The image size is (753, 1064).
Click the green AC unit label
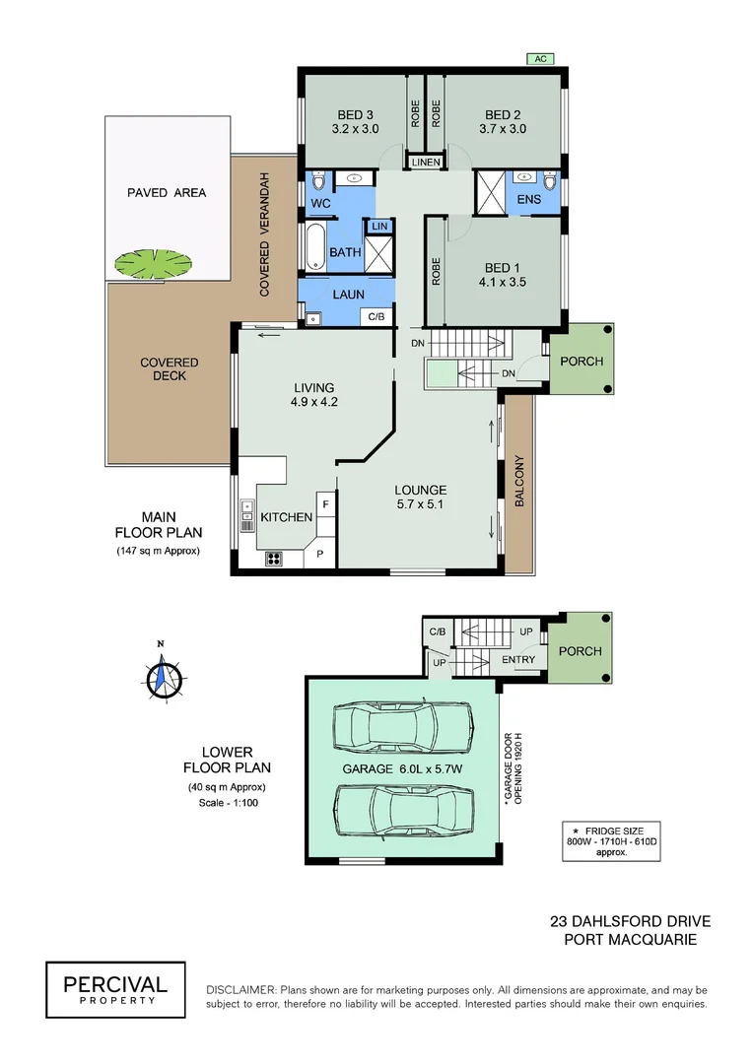click(x=540, y=59)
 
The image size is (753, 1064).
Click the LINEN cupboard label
click(x=427, y=162)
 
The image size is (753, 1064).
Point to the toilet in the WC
click(x=317, y=183)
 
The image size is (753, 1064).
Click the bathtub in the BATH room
click(x=312, y=249)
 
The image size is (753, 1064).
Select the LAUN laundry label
click(x=348, y=294)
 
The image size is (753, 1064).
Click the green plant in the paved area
click(x=153, y=262)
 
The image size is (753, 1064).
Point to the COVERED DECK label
click(x=169, y=369)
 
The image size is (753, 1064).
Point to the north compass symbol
click(x=161, y=677)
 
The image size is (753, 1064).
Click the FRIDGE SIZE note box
click(x=611, y=840)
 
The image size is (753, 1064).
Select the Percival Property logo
click(x=115, y=989)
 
